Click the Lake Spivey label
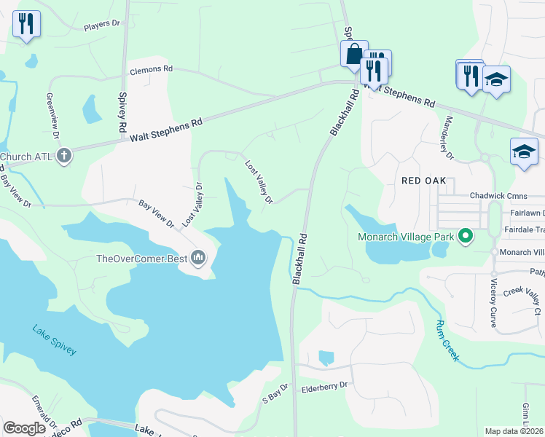pos(54,340)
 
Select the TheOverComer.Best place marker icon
pos(198,257)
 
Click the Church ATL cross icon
pos(64,155)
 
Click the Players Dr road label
pos(101,25)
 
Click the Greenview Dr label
pos(52,115)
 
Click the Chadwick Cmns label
pos(497,195)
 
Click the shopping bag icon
pos(354,53)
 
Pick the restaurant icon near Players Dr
pos(26,23)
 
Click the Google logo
pos(24,428)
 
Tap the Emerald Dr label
pos(44,412)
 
